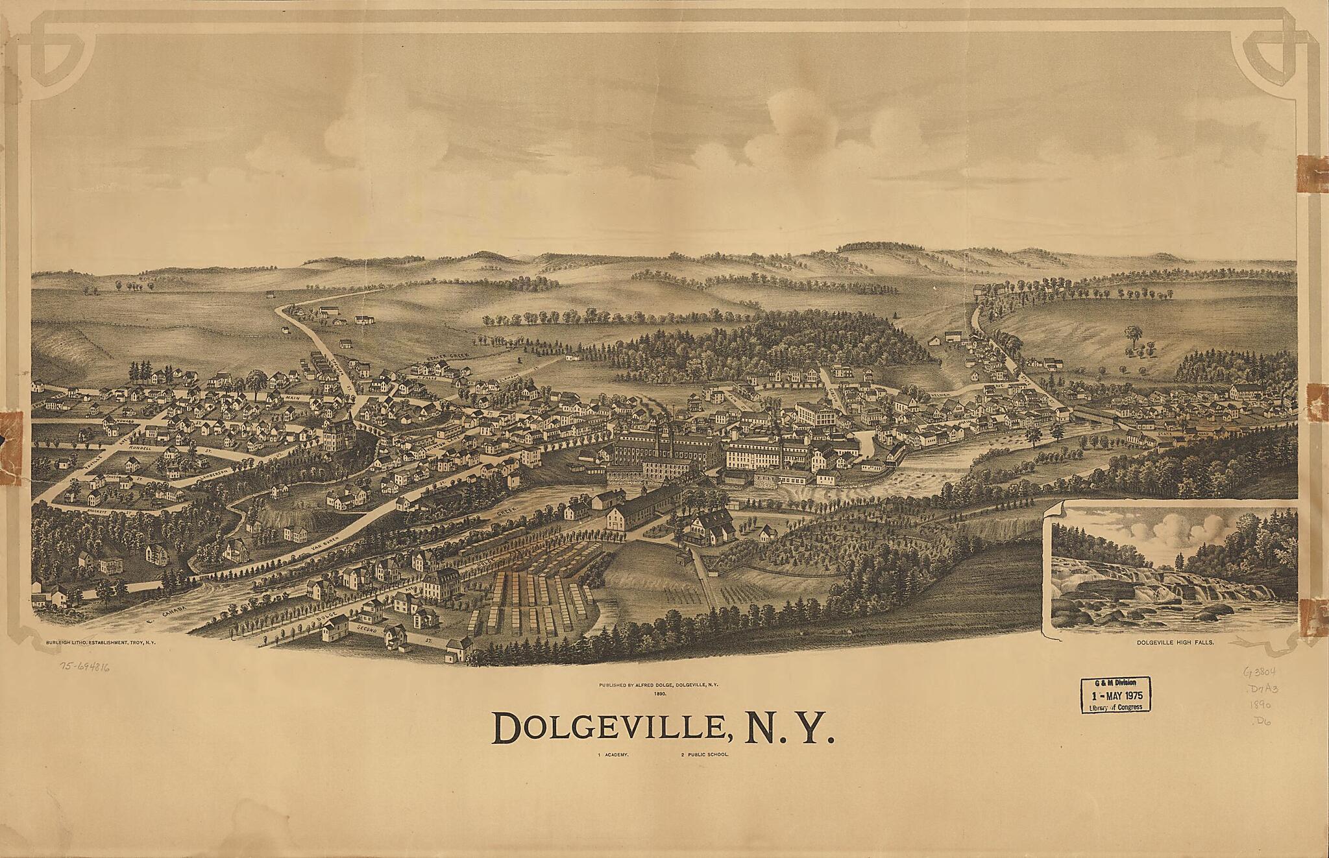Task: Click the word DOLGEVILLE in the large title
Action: tap(607, 731)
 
